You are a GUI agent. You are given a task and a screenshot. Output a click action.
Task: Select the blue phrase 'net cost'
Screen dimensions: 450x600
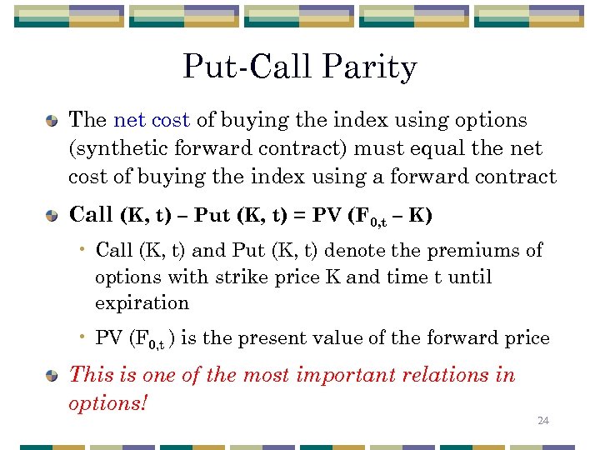coord(152,120)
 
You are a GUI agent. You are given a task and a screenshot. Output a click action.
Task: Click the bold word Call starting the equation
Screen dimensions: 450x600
coord(91,215)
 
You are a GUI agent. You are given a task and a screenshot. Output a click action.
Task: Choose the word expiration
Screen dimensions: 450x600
coord(142,302)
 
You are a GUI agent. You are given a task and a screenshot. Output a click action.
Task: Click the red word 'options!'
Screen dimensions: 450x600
coord(108,403)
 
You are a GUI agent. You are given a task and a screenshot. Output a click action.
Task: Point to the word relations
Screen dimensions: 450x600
coord(452,375)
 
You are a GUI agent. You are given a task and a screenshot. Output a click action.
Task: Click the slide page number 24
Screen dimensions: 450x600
coord(543,421)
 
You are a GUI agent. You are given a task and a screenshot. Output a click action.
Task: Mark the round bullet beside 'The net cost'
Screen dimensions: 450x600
coord(52,122)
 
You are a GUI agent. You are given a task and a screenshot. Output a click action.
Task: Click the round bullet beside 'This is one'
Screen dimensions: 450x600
coord(52,377)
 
